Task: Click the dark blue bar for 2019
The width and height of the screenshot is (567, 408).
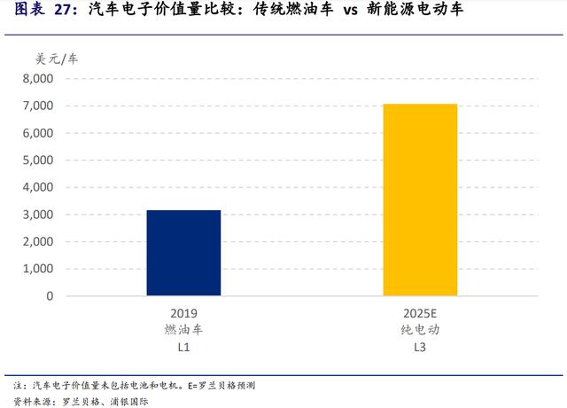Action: (183, 253)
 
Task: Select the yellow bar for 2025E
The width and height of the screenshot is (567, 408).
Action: (420, 200)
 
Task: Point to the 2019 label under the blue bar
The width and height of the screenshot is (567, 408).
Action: (183, 313)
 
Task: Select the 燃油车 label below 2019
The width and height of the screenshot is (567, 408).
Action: (183, 329)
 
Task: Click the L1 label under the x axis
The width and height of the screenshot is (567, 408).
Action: (183, 346)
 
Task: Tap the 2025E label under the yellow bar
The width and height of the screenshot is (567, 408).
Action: (420, 313)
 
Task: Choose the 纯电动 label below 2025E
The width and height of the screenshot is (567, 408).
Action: (420, 329)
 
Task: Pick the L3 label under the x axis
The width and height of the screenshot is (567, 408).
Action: (420, 346)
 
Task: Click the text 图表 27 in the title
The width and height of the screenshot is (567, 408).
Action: (41, 12)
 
